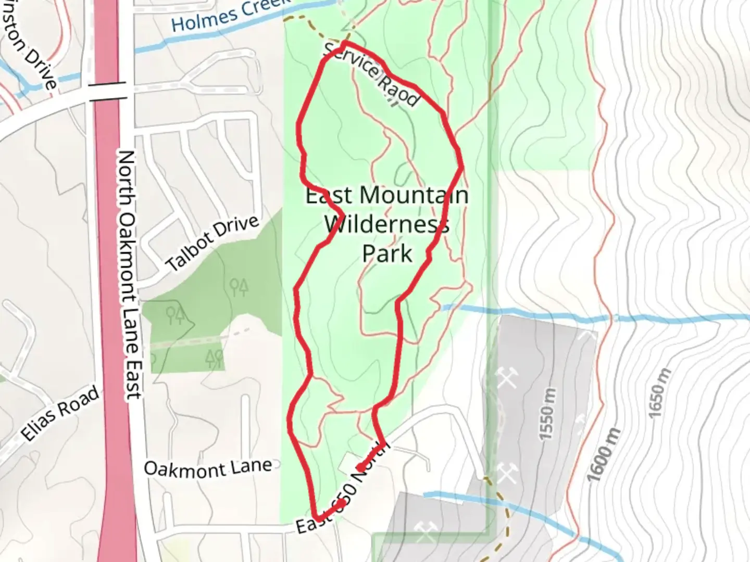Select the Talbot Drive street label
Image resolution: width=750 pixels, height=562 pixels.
pyautogui.click(x=213, y=244)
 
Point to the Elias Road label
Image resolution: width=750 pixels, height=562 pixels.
pyautogui.click(x=60, y=414)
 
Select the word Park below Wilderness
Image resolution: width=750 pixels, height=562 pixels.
pyautogui.click(x=387, y=254)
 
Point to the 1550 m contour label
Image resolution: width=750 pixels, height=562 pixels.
pyautogui.click(x=547, y=414)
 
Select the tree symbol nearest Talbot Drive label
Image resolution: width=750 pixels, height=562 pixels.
pyautogui.click(x=239, y=286)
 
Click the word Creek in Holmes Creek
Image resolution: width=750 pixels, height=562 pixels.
pyautogui.click(x=266, y=8)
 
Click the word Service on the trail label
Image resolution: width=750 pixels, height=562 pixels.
pyautogui.click(x=352, y=59)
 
